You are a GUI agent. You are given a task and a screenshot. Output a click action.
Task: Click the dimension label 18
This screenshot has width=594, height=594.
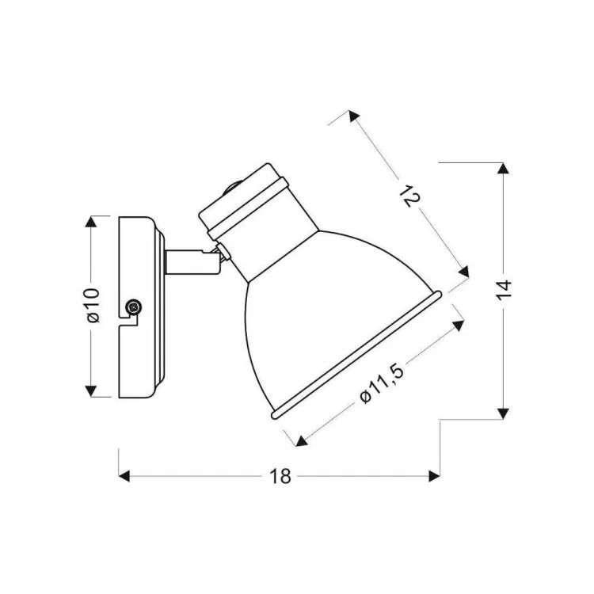(280, 476)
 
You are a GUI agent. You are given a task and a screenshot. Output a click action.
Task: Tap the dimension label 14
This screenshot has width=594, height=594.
(504, 291)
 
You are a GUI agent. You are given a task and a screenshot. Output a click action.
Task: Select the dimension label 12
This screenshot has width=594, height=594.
(410, 196)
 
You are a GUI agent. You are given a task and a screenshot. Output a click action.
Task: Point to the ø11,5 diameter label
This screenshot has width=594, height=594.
(382, 383)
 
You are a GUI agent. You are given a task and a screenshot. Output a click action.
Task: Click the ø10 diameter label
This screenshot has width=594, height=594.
(93, 306)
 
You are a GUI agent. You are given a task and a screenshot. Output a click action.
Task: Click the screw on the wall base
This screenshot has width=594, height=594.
(134, 306)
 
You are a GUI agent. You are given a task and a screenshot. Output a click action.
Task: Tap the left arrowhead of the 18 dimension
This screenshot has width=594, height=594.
(124, 476)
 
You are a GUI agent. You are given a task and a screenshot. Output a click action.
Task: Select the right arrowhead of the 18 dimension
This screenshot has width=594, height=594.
(434, 476)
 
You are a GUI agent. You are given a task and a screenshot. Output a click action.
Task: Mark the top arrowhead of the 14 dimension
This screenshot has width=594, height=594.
(503, 169)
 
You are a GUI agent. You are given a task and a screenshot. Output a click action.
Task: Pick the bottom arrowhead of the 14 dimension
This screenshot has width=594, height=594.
(503, 413)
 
